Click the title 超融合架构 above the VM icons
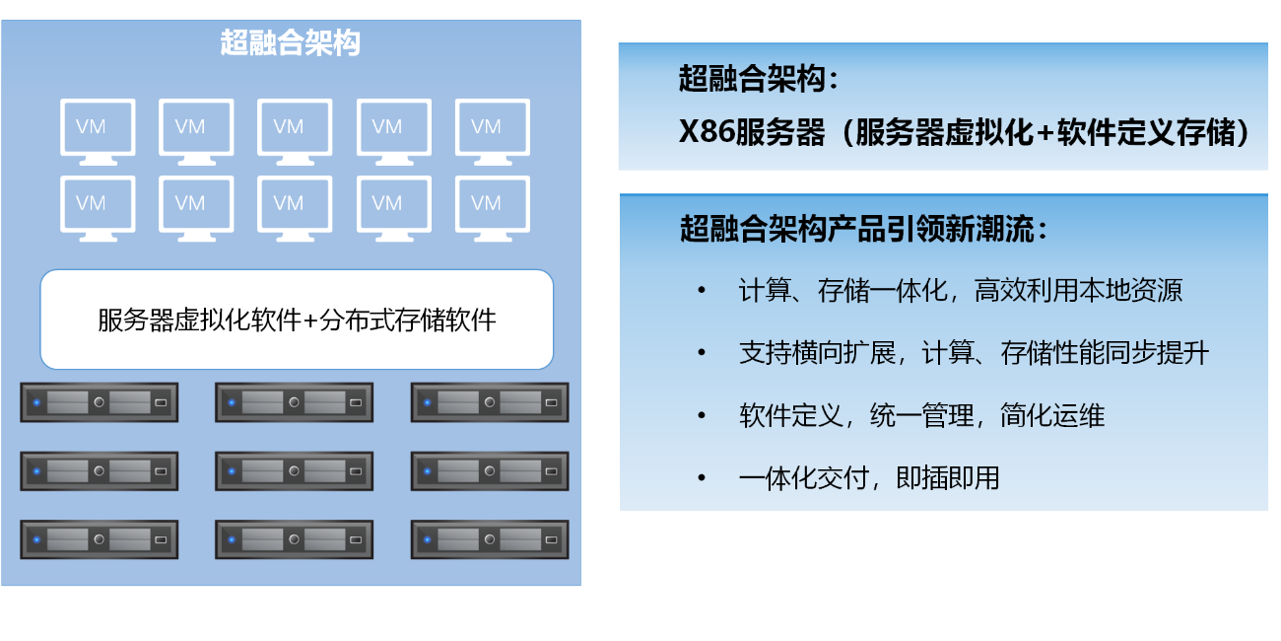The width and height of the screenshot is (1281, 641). click(291, 44)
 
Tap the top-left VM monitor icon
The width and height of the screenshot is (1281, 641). click(98, 127)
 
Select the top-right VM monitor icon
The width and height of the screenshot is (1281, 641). click(493, 127)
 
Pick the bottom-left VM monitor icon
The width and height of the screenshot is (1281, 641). click(98, 204)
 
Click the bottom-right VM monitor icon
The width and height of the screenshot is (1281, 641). click(493, 204)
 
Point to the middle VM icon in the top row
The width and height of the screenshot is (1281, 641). click(295, 127)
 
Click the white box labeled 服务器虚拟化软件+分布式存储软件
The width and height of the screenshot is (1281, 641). click(297, 320)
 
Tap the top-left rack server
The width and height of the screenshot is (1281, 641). click(100, 402)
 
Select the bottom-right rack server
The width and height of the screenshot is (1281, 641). click(490, 539)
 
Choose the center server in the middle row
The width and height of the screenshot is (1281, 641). click(295, 471)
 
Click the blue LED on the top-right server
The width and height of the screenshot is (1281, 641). click(427, 402)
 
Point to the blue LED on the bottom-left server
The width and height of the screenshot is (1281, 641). click(36, 539)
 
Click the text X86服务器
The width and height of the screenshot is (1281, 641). click(752, 132)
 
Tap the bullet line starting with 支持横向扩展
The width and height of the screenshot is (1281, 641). click(974, 353)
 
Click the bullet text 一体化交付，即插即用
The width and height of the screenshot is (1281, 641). click(869, 478)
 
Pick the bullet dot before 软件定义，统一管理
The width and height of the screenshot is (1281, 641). click(702, 416)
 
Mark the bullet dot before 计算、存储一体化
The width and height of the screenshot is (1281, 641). click(702, 291)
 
